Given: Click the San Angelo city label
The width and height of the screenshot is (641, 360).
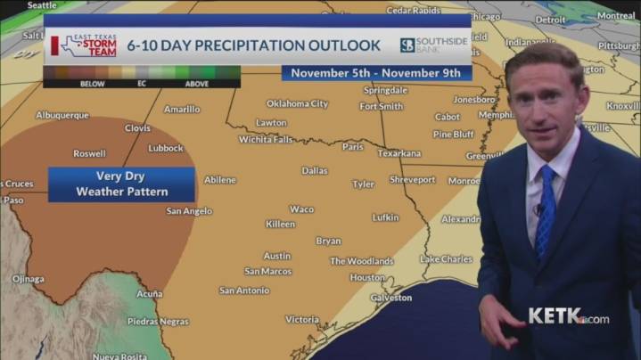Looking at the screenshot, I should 189,211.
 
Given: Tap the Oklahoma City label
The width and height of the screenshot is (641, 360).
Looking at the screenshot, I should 297,103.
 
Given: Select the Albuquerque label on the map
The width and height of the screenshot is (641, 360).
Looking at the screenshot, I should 62,115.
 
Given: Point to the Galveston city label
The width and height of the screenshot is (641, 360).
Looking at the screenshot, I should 390,298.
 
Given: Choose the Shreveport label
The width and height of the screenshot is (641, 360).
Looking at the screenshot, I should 412,180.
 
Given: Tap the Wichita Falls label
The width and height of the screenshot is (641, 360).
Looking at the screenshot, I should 265,140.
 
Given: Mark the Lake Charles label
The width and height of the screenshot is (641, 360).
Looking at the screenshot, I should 446,259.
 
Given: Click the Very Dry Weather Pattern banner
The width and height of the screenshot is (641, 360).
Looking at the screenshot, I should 122,184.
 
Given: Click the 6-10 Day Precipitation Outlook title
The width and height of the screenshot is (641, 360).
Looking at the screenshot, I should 253,45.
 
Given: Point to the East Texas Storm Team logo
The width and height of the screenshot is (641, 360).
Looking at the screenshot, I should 84,45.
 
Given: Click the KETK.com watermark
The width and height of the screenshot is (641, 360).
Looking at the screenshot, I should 568,316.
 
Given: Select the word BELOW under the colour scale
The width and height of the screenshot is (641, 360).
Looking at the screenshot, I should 68,84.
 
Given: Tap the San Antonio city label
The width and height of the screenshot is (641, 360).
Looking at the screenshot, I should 244,290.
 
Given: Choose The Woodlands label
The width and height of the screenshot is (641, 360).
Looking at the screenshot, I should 361,261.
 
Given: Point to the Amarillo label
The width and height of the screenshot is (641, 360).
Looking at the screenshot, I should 182,110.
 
